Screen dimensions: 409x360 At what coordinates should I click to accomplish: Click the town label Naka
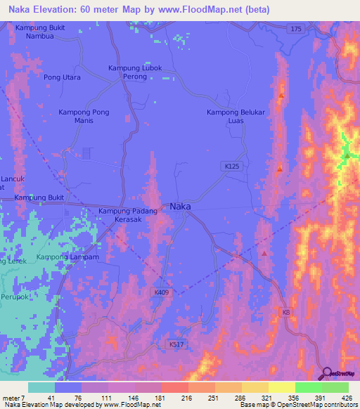click(x=181, y=207)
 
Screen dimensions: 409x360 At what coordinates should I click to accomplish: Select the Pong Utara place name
click(x=62, y=77)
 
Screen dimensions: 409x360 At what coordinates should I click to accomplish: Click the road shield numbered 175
click(x=296, y=27)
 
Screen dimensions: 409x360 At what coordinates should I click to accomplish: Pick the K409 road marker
click(x=162, y=292)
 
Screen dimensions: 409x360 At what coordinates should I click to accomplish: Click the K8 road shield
click(x=285, y=311)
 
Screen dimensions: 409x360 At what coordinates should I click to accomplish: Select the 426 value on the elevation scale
click(x=346, y=397)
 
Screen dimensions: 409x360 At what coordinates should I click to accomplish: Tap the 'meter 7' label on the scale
click(x=14, y=397)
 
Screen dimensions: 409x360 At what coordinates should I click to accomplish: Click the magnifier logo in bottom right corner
click(x=326, y=373)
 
